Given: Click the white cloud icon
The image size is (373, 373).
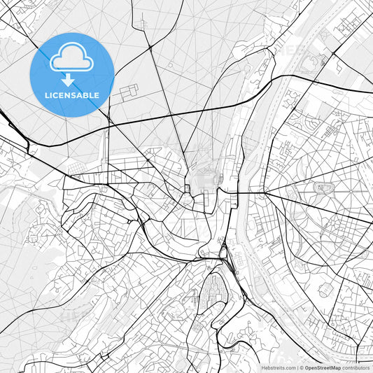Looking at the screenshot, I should [x=71, y=57].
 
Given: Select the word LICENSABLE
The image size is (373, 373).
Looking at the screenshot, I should [x=72, y=95].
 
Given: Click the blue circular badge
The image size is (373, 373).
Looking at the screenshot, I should [x=72, y=74].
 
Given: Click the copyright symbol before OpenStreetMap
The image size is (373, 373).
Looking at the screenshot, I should [x=301, y=367].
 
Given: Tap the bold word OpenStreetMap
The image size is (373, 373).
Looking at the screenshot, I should [x=323, y=367].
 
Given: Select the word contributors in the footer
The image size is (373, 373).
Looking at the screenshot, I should [x=356, y=367].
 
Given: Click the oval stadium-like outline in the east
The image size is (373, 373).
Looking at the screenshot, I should [x=323, y=187].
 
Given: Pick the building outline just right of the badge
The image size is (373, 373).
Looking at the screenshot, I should [x=129, y=92].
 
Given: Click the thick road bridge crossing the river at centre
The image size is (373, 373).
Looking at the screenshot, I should [x=242, y=193].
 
